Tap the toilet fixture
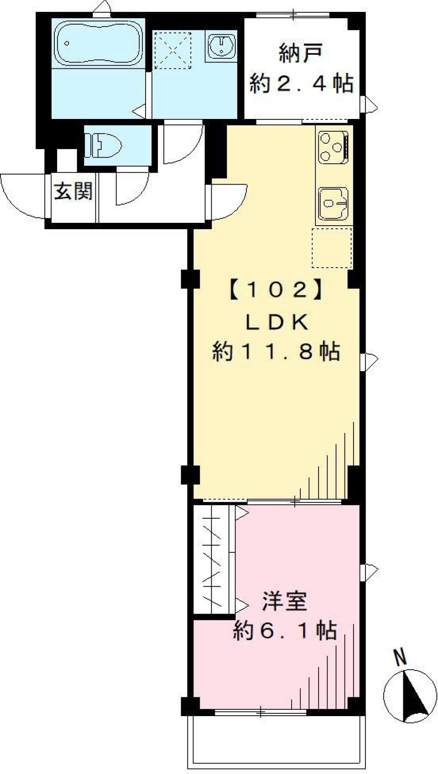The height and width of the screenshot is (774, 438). coord(107,145)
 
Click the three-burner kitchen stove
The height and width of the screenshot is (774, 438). coord(332,147)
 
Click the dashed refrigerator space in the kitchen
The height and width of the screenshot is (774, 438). coord(332,248)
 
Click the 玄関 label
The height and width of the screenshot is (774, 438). coord(73,191)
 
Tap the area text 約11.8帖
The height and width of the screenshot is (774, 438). coord(276,352)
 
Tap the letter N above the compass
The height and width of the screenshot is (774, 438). coord(400,658)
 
